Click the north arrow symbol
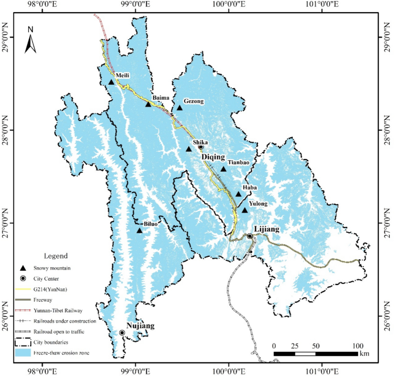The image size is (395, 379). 31,40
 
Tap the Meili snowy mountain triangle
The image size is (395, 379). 111,82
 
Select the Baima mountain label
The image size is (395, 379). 161,98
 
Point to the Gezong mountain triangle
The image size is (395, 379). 179,108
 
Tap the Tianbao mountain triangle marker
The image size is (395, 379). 224,169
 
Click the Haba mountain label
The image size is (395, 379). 250,187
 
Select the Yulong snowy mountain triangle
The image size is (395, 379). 244,210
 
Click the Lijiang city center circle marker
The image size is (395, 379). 250,236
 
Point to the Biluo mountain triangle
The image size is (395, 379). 140,230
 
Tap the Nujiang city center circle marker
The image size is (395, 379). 122,332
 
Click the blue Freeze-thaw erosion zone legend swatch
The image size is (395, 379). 22,352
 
